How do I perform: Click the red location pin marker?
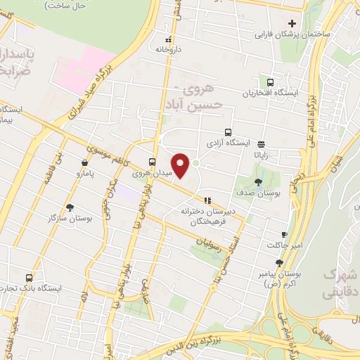181,166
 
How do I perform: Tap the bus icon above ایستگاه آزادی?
228,131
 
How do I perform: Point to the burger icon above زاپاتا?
261,140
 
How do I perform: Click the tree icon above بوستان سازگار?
70,207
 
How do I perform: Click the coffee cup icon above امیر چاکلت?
284,234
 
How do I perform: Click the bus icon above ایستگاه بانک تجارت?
30,278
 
